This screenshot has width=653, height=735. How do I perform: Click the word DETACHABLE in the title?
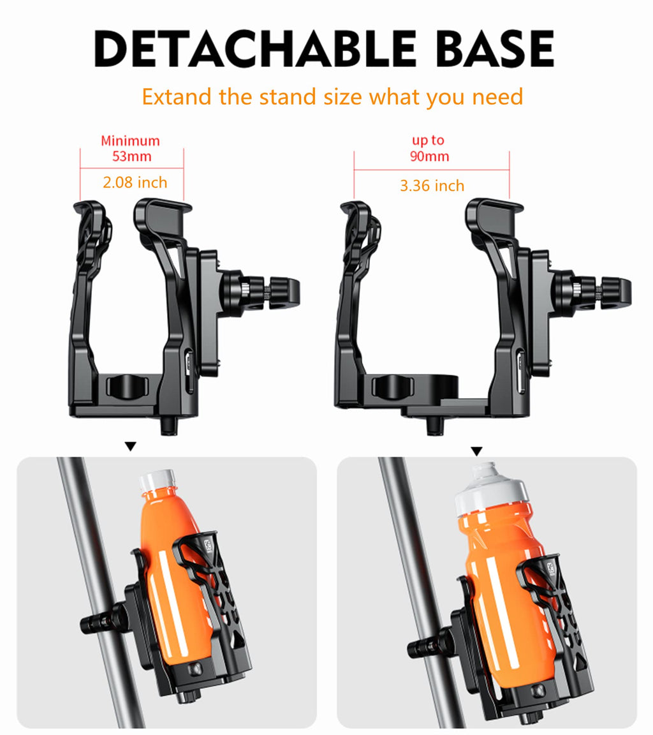(x=255, y=48)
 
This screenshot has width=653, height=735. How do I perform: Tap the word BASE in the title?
(x=495, y=48)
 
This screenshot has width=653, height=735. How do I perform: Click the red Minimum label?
(x=130, y=140)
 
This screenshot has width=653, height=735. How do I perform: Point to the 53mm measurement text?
(x=131, y=156)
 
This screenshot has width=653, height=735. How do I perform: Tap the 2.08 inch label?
(x=135, y=182)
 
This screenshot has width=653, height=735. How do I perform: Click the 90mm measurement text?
(x=430, y=156)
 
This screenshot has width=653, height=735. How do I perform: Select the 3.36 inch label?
(x=432, y=186)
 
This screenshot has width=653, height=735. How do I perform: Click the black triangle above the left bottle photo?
(x=131, y=446)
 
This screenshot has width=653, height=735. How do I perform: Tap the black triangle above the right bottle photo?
(x=476, y=451)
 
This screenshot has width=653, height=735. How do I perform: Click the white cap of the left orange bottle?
(x=157, y=480)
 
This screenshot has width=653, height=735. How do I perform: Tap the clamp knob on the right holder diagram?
(x=615, y=293)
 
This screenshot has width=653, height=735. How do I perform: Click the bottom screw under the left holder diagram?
(x=168, y=425)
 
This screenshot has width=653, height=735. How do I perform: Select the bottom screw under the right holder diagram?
(x=435, y=426)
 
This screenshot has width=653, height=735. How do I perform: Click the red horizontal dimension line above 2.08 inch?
(x=131, y=168)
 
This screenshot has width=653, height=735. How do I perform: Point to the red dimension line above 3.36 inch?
(x=432, y=170)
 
